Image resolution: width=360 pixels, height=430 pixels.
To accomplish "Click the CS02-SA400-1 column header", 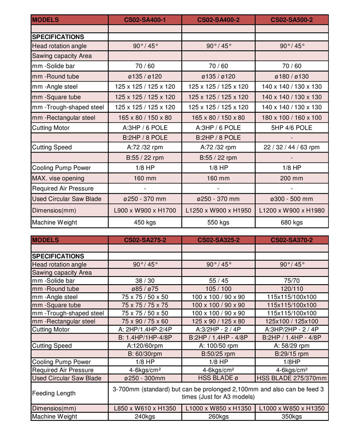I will point(145,20).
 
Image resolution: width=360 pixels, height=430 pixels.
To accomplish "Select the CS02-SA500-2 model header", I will point(292,20).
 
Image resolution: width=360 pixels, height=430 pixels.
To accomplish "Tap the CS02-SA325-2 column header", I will point(218,240).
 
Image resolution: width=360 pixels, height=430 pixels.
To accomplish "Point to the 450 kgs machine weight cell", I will point(145,222).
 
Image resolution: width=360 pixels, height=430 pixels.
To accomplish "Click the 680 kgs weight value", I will point(292,222).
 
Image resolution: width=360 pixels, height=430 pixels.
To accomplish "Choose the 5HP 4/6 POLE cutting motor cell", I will point(292,128).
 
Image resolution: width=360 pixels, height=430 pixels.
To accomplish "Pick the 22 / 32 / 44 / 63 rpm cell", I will point(292,147).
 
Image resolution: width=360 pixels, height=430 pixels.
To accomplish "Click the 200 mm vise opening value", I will point(292,178).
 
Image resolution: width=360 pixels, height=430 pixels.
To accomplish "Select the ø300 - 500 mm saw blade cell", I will point(292,199).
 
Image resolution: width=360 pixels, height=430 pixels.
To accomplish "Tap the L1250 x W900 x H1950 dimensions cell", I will point(218,210).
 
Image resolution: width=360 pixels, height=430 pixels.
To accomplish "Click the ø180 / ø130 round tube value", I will point(292,76).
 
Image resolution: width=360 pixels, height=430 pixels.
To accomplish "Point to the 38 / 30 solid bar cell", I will point(145,281).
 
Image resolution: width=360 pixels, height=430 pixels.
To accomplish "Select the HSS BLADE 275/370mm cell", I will point(292,379).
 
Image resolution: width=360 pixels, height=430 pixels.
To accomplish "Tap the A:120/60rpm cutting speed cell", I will point(145,346).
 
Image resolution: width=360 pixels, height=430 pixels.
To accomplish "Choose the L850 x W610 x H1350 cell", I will point(145,408).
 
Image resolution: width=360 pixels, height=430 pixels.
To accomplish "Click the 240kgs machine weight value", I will point(145,417).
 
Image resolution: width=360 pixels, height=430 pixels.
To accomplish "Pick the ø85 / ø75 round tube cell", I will point(145,289).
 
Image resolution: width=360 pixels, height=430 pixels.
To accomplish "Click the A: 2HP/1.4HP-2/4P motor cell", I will point(145,330).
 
